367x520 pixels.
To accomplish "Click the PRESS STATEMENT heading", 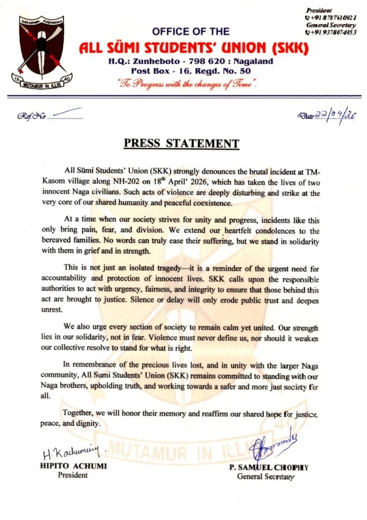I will click(x=181, y=144).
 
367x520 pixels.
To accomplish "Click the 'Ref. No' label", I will click(x=31, y=116).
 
